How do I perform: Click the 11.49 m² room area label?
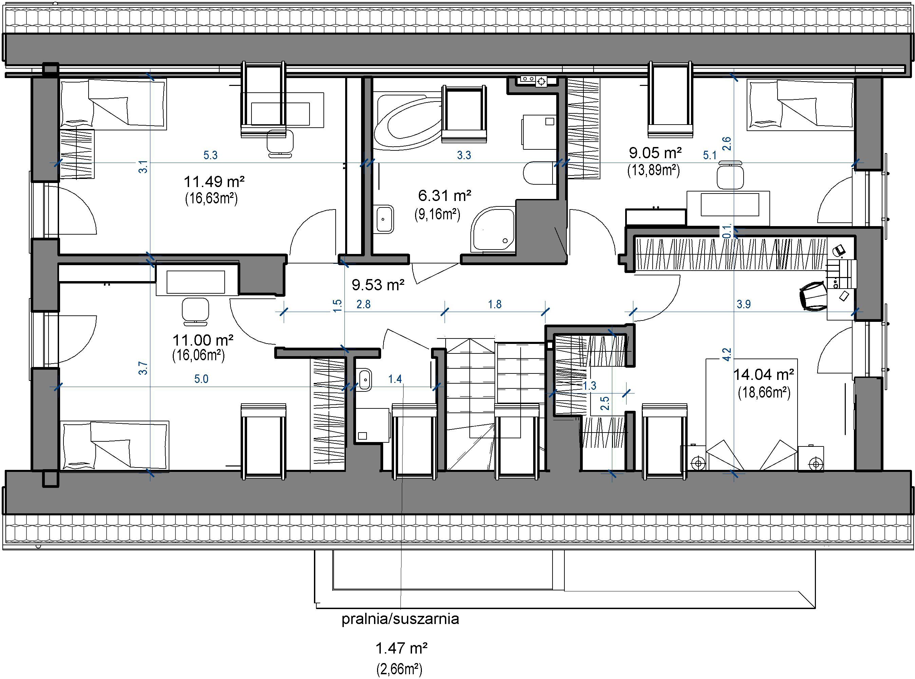pos(214,181)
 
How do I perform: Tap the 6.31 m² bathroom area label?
pos(445,196)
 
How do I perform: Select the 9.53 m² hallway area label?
pos(378,285)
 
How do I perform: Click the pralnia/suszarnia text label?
pos(400,619)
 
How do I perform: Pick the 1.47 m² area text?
pos(402,648)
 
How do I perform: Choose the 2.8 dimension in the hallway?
pos(363,304)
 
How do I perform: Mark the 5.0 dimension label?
pos(201,379)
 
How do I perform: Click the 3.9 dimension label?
pos(744,304)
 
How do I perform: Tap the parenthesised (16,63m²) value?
pos(211,199)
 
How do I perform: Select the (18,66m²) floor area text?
pos(764,392)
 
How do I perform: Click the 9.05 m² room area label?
pos(655,153)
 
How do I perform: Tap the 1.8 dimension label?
pos(495,304)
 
